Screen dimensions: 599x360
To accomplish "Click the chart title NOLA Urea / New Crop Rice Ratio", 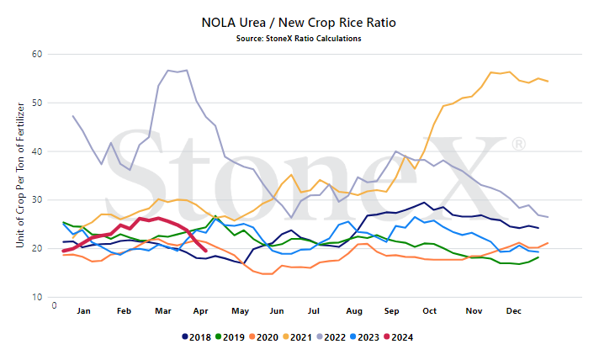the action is pyautogui.click(x=299, y=23).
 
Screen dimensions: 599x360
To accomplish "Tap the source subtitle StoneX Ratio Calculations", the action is pyautogui.click(x=299, y=39).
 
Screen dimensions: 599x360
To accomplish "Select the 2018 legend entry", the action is pyautogui.click(x=196, y=337).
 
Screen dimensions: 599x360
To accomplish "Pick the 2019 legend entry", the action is pyautogui.click(x=230, y=337).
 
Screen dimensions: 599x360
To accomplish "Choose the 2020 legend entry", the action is pyautogui.click(x=263, y=337).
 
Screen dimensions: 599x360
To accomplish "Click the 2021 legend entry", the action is pyautogui.click(x=297, y=337).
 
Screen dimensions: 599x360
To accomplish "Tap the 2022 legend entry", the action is pyautogui.click(x=331, y=337).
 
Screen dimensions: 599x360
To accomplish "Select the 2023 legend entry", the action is pyautogui.click(x=365, y=337).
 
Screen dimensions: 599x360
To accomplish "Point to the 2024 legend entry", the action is pyautogui.click(x=399, y=337).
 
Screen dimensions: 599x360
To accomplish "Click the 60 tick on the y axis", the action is pyautogui.click(x=37, y=54).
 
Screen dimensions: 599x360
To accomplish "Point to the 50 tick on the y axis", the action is pyautogui.click(x=37, y=103).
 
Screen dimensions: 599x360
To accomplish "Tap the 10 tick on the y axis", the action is pyautogui.click(x=37, y=297).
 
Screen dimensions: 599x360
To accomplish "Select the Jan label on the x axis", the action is pyautogui.click(x=83, y=311).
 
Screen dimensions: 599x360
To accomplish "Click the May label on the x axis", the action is pyautogui.click(x=240, y=311).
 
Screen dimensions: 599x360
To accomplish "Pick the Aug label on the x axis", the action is pyautogui.click(x=354, y=311).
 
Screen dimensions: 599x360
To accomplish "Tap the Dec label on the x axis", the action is pyautogui.click(x=513, y=311).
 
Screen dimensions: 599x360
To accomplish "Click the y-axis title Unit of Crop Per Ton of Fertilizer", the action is pyautogui.click(x=20, y=175).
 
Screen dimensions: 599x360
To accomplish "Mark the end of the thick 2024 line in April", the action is pyautogui.click(x=206, y=251).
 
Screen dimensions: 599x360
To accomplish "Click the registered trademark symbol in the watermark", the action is pyautogui.click(x=518, y=144).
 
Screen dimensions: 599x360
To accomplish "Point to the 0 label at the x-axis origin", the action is pyautogui.click(x=54, y=305).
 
